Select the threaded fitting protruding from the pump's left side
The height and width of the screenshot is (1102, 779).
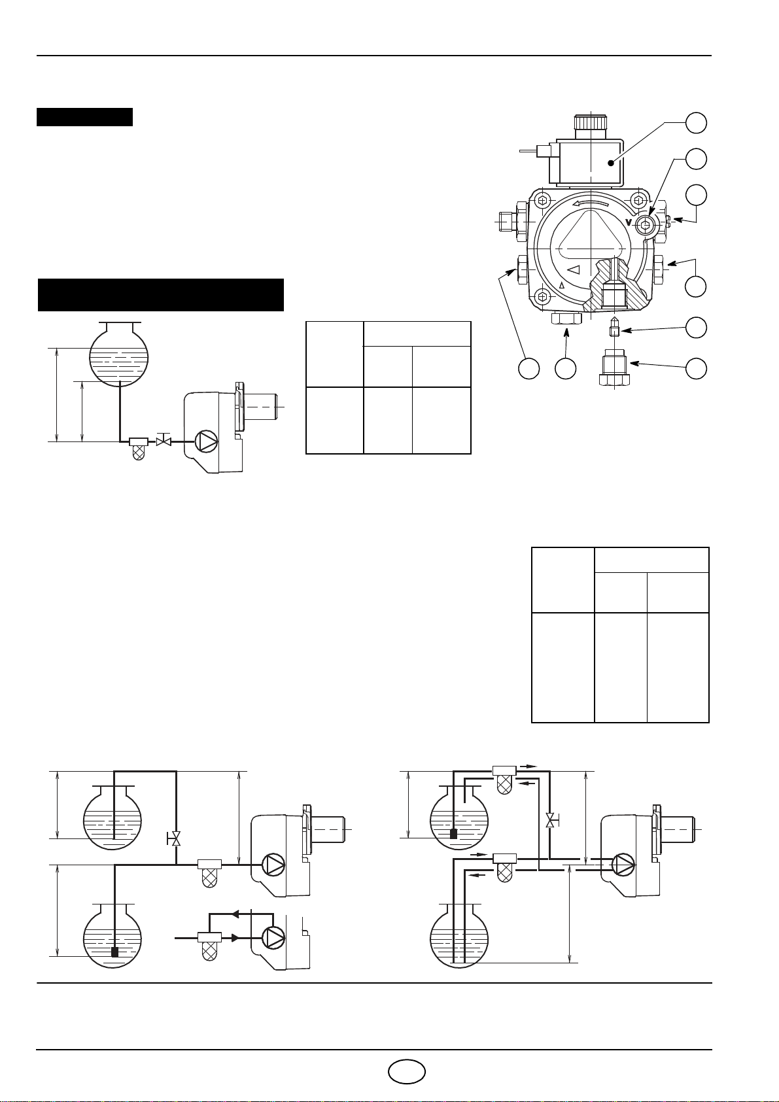coord(506,222)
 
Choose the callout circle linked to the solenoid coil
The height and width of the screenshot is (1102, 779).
coord(697,122)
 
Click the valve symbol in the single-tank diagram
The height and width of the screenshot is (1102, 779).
coord(164,441)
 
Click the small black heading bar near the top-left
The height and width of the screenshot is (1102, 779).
coord(84,117)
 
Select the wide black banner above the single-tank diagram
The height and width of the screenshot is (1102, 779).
coord(161,295)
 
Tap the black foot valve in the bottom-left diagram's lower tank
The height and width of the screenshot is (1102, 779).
coord(114,952)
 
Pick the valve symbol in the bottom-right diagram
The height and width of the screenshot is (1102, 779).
coord(550,819)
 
